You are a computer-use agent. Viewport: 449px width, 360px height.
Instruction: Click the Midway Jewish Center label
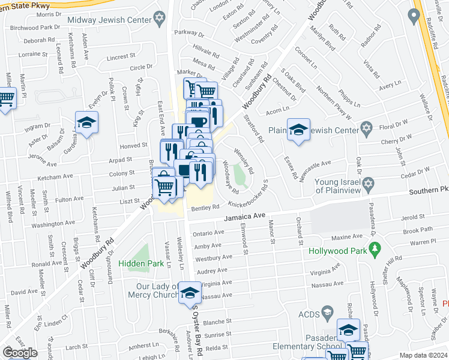click(x=109, y=20)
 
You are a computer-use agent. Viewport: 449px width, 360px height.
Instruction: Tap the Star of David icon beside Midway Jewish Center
click(x=159, y=19)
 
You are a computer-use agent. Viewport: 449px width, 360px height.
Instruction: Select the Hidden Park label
click(x=141, y=263)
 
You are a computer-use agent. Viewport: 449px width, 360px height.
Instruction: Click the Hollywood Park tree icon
click(x=375, y=247)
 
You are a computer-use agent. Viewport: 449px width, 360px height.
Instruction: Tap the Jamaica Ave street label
click(x=245, y=217)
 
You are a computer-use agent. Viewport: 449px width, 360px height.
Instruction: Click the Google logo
click(x=20, y=353)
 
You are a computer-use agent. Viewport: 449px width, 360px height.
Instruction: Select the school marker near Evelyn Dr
click(x=87, y=123)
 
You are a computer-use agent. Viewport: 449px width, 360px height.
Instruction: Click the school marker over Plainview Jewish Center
click(x=298, y=130)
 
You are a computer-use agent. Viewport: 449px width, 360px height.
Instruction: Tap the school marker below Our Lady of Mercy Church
click(x=190, y=293)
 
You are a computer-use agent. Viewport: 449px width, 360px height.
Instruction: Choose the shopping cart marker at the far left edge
click(x=6, y=98)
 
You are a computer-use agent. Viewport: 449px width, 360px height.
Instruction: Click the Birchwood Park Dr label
click(x=35, y=28)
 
